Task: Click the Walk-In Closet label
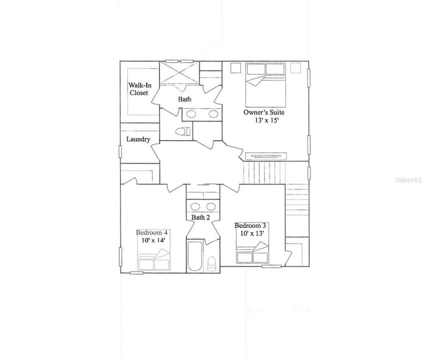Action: pos(139,89)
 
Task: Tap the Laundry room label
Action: pos(138,139)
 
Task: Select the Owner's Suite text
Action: pos(263,112)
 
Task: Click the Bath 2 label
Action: pos(200,217)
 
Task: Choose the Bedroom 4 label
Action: pos(152,232)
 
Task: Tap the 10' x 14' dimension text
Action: pos(152,240)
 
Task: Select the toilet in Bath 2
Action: pos(211,262)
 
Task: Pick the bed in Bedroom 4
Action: pos(154,260)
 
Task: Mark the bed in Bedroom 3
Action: pos(252,253)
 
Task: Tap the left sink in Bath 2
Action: pos(195,207)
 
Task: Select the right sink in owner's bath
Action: pos(213,114)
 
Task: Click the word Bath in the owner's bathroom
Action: pos(185,99)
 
